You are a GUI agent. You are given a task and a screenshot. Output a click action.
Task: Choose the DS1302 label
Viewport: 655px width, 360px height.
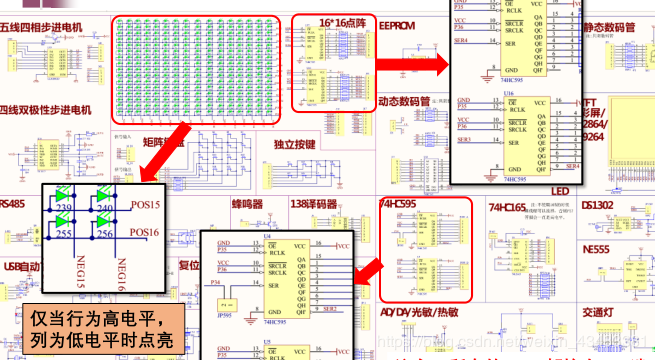click(603, 206)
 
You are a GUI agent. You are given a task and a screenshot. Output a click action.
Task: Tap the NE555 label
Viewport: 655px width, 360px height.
click(596, 248)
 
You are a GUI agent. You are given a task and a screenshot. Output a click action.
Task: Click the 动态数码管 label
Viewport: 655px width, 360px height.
click(404, 101)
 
